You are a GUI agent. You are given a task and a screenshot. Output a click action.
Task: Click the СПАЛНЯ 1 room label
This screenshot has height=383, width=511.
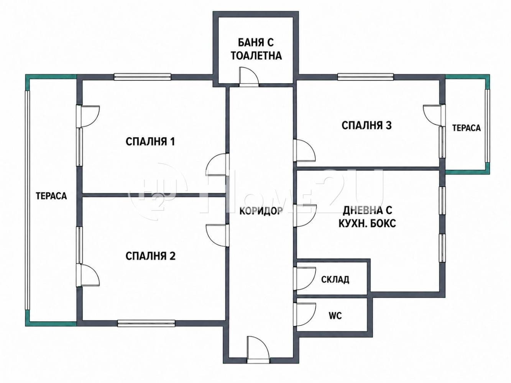tap(150, 142)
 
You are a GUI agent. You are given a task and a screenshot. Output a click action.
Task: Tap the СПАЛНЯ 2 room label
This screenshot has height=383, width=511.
tap(150, 256)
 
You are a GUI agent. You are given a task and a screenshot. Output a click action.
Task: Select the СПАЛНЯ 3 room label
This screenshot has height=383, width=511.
tap(366, 125)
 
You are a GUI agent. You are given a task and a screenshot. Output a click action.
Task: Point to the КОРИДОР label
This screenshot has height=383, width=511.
tap(261, 211)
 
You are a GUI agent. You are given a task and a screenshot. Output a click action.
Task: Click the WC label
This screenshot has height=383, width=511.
tap(335, 316)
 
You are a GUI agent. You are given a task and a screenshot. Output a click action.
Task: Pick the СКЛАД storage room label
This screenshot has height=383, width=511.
tap(335, 280)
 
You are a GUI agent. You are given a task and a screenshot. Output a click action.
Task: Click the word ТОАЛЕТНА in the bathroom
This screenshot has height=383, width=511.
tap(256, 56)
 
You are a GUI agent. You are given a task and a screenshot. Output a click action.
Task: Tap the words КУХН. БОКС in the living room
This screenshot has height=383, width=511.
tap(367, 223)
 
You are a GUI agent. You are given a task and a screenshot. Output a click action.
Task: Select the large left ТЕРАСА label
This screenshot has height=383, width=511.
tap(51, 196)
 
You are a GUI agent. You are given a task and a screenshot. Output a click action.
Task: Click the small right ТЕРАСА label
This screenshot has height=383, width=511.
tap(466, 128)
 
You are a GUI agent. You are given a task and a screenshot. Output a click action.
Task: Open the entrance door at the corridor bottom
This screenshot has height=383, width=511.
tap(258, 350)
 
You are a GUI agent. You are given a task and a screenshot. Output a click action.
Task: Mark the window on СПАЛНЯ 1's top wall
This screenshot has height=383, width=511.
tap(142, 77)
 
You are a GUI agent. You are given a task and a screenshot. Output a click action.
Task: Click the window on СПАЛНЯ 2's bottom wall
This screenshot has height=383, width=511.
tap(146, 323)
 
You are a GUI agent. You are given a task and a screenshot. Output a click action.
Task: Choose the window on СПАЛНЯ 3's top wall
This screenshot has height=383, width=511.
tap(365, 77)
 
